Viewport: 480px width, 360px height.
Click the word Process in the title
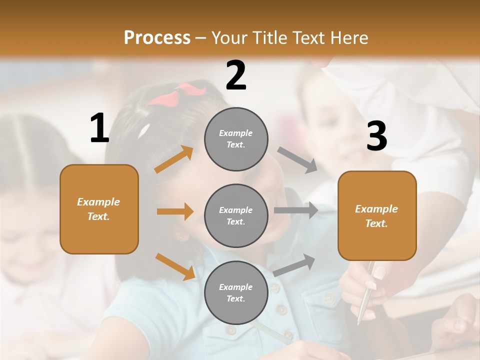(157, 38)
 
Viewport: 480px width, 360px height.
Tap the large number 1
(99, 128)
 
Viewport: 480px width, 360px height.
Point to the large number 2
(236, 76)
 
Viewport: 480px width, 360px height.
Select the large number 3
(376, 136)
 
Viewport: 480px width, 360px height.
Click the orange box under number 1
(99, 209)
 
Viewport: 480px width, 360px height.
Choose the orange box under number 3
(377, 215)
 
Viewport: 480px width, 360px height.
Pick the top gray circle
(236, 139)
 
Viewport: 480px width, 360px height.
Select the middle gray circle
(236, 215)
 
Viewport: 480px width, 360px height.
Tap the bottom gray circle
(236, 292)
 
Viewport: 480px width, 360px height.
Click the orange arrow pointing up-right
(174, 159)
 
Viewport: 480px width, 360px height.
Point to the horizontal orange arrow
(175, 211)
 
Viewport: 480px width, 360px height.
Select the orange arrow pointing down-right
(175, 266)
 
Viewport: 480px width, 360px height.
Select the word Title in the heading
(269, 38)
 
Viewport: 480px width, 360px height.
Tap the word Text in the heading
(307, 38)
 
